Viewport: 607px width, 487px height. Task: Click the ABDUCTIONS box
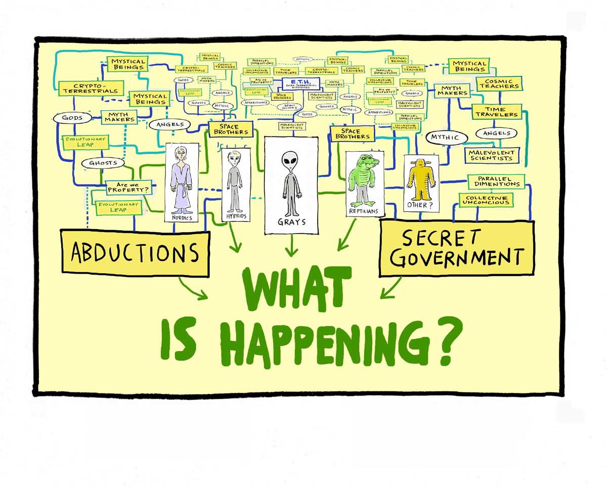point(135,252)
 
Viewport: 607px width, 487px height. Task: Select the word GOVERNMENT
point(456,257)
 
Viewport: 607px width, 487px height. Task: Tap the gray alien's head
point(291,162)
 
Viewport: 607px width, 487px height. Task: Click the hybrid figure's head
point(235,158)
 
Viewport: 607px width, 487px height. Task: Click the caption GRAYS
point(291,222)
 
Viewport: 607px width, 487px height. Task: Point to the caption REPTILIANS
point(363,210)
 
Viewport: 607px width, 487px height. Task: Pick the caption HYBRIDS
point(235,216)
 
